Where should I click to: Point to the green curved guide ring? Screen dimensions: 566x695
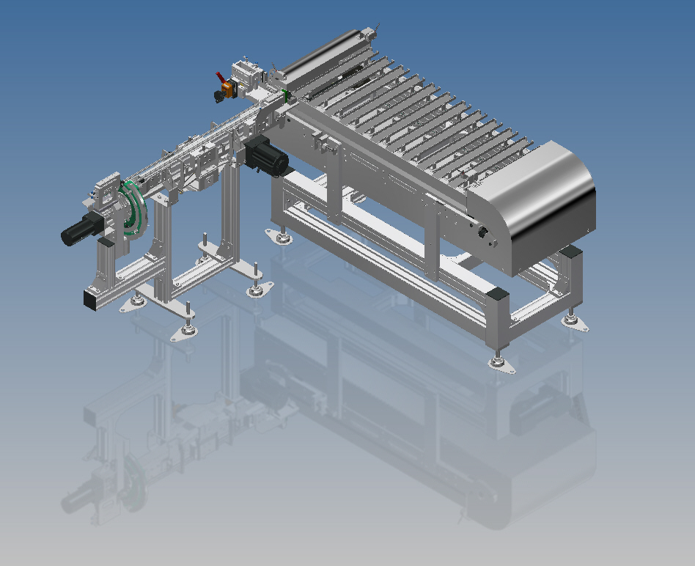[136, 209]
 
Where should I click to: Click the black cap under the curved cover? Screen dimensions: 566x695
[570, 251]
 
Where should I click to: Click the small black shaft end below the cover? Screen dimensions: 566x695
[483, 232]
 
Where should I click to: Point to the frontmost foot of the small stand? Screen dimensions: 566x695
[184, 332]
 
